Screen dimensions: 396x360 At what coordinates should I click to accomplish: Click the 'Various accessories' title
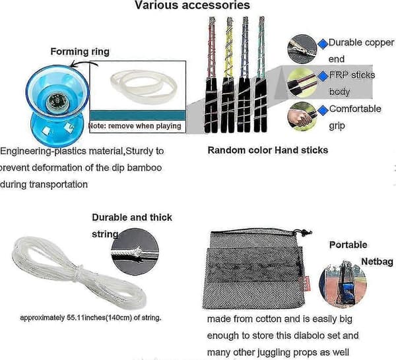pos(192,5)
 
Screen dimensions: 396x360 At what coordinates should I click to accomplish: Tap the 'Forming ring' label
pos(80,51)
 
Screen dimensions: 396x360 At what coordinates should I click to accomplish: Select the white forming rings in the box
pos(144,86)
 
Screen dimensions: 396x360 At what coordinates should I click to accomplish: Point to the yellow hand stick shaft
pos(229,48)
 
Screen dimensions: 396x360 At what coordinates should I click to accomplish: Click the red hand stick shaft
pos(212,47)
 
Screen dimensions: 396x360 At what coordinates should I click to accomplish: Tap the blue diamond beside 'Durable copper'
pos(323,44)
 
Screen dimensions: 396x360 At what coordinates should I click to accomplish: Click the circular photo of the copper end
pos(302,49)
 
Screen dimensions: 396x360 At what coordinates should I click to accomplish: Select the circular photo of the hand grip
pos(302,116)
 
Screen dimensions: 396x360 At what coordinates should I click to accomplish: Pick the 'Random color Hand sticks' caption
pos(268,150)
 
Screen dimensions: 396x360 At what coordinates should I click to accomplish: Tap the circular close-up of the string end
pos(135,252)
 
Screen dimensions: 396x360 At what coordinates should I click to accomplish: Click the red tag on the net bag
pos(307,284)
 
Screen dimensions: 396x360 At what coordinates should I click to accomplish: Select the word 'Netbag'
pos(377,262)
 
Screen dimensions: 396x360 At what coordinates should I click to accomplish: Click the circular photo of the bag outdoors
pos(343,284)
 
